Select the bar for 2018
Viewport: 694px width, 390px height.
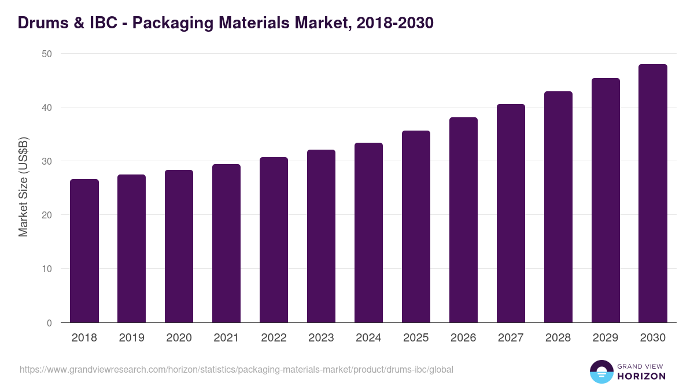[84, 251]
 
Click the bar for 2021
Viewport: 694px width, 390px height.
[226, 243]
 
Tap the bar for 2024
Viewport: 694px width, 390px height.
[368, 232]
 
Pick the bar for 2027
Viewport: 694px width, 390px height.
[511, 213]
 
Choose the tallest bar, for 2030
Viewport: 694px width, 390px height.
[653, 194]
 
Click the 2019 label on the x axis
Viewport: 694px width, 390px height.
[132, 338]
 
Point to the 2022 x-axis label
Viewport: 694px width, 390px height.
[274, 338]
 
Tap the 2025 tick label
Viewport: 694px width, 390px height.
[416, 338]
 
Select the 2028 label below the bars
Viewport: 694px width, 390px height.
[558, 338]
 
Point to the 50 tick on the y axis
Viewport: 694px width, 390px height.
[46, 54]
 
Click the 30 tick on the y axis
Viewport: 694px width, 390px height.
[46, 161]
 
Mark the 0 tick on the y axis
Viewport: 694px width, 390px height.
[49, 323]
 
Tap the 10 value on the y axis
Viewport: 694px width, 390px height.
[46, 269]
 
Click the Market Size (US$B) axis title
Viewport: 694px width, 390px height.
[24, 187]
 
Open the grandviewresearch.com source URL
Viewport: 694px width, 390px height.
[237, 369]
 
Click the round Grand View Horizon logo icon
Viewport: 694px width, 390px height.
[601, 372]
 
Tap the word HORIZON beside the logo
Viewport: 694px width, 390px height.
[641, 376]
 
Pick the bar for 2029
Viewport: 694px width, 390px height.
[606, 200]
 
